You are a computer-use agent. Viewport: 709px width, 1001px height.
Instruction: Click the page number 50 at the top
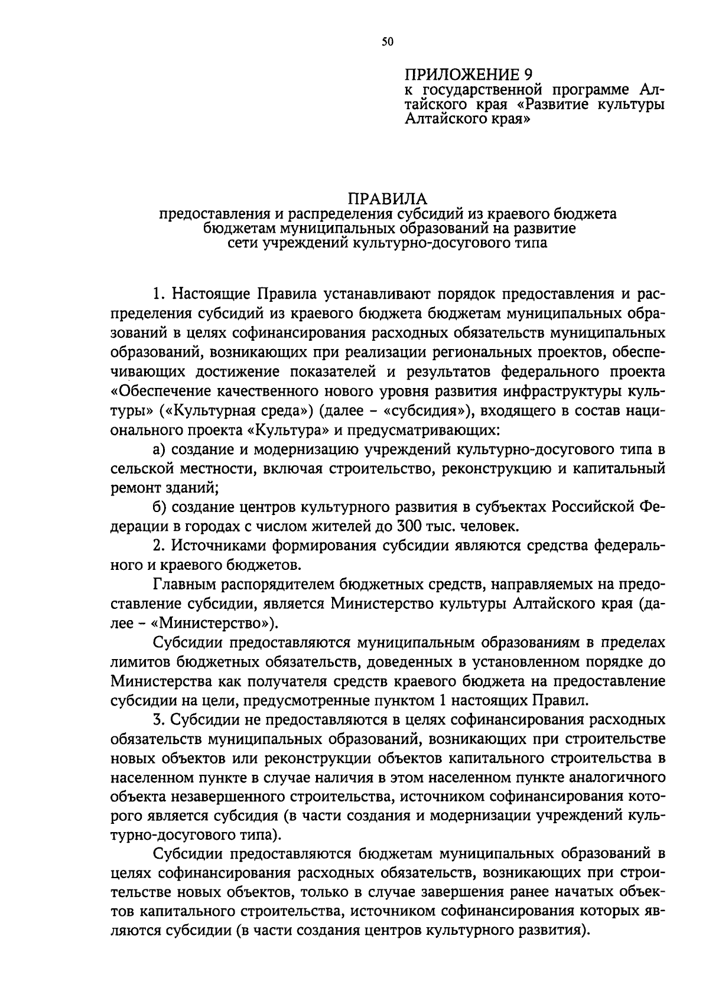[387, 41]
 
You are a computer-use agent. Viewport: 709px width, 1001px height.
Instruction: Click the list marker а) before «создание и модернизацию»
[160, 449]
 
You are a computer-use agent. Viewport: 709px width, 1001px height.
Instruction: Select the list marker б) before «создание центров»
[160, 506]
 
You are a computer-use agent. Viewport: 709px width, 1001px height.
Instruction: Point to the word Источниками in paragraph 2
[220, 544]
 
